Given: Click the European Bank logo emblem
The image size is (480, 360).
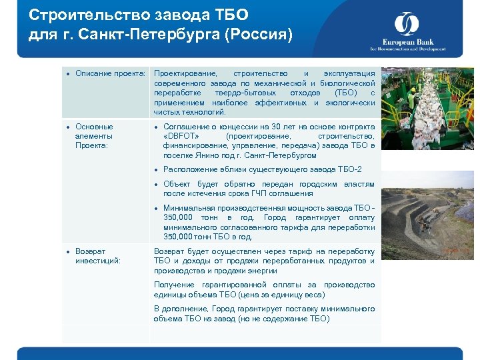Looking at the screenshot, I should (406, 25).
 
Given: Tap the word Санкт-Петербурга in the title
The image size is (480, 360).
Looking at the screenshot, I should (139, 33).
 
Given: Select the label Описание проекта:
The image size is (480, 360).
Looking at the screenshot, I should (110, 73).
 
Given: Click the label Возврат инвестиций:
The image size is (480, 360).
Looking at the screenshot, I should (98, 256).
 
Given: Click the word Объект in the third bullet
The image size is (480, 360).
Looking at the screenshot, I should (177, 184).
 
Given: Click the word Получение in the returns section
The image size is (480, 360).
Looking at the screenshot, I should (173, 285).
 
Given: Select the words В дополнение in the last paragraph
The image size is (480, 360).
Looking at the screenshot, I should (181, 309).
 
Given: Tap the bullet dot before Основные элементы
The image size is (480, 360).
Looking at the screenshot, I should (69, 127).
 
